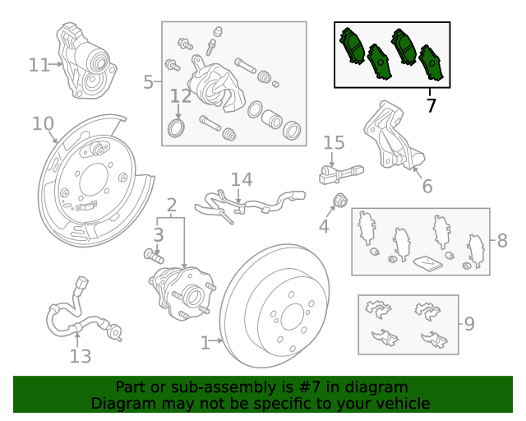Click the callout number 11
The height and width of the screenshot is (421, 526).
(39, 64)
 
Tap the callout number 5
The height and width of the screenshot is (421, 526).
(148, 81)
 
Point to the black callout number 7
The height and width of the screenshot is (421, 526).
(431, 105)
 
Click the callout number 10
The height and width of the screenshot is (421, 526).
(42, 123)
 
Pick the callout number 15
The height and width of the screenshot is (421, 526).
(334, 144)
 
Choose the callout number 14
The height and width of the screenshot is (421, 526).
(241, 179)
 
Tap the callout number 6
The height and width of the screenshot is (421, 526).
(427, 187)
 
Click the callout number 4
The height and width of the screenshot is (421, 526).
(324, 224)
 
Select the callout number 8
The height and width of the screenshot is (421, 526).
(502, 241)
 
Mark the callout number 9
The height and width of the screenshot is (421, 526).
(469, 323)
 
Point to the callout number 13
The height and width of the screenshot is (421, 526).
(80, 356)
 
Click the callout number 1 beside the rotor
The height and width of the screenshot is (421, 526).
(205, 340)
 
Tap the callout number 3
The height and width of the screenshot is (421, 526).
(159, 235)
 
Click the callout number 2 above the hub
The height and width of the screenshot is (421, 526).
(171, 205)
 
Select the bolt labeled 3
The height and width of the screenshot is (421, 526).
(151, 256)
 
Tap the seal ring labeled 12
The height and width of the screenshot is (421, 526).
(175, 127)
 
